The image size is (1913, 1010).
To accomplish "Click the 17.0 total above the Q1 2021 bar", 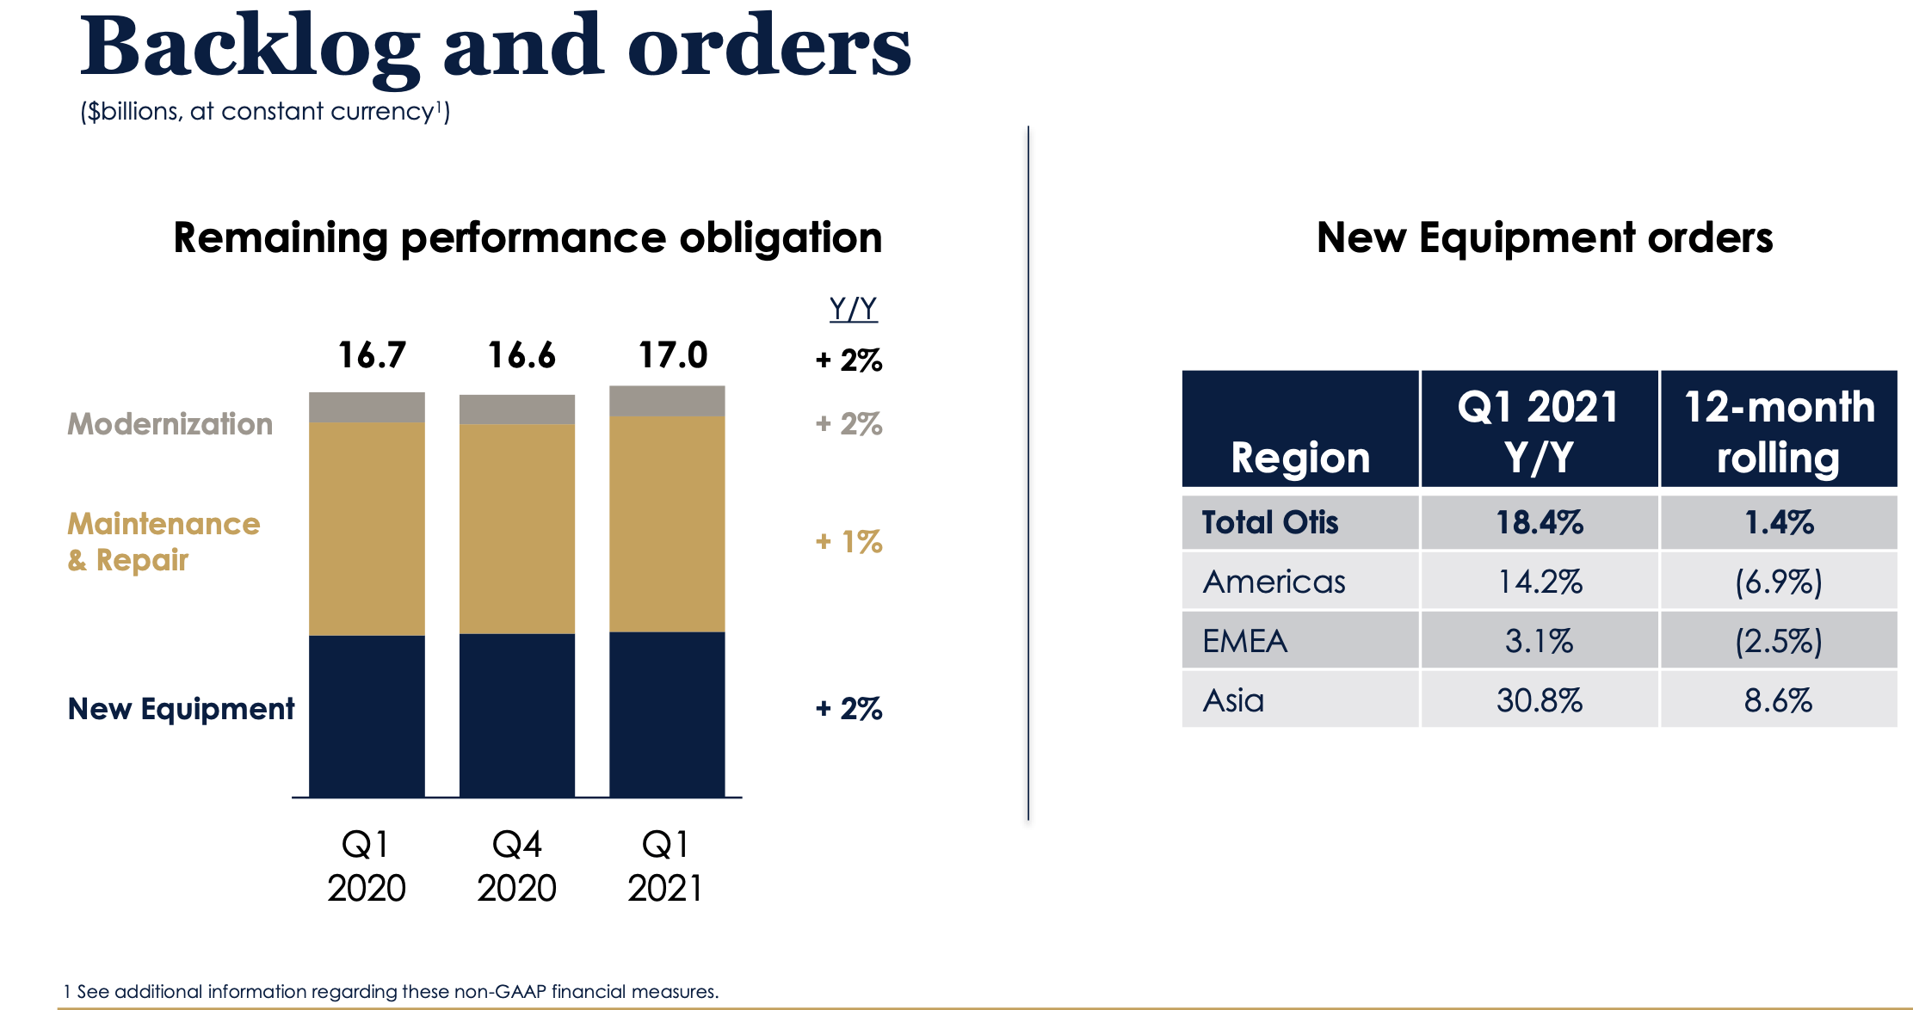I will pos(672,355).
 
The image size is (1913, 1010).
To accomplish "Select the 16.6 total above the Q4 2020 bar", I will pos(521,355).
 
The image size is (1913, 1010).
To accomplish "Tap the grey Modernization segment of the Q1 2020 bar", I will pos(367,407).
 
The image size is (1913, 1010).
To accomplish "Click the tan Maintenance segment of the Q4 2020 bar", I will pos(517,528).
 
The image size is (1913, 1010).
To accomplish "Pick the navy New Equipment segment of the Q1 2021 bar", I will pos(667,714).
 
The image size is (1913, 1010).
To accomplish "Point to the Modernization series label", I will pos(170,424).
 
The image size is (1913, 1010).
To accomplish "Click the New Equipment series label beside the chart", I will pos(181,709).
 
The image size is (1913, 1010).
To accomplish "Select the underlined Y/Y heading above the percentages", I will pos(853,309).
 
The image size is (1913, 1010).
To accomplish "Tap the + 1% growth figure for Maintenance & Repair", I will pos(849,542).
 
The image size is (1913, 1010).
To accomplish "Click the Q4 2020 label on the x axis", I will pos(517,865).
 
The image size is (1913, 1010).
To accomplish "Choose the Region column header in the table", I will pos(1299,457).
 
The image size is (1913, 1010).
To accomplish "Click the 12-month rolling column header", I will pos(1778,431).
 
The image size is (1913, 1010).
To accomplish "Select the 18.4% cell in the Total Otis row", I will pos(1539,523).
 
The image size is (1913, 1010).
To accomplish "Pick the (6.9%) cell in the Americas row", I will pos(1778,582).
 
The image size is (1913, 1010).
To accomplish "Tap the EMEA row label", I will pos(1244,642).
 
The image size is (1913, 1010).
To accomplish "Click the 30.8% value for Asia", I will pos(1539,701).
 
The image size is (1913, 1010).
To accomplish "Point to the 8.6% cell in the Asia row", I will pos(1778,701).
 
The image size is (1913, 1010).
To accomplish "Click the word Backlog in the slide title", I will pos(250,47).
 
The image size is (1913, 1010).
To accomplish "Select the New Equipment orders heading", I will pos(1544,238).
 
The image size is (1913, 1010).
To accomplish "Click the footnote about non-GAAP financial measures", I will pos(392,991).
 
